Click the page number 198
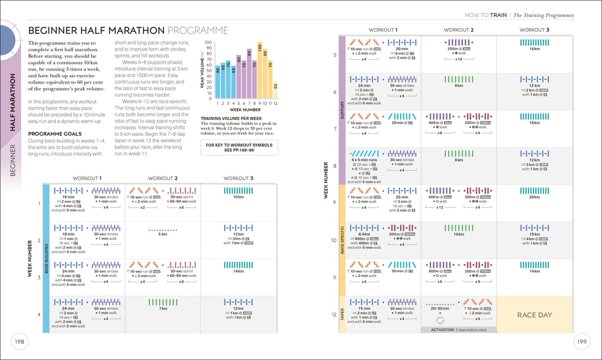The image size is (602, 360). coord(19,342)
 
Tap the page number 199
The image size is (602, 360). coord(582,342)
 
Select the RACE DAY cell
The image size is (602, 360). coord(534,315)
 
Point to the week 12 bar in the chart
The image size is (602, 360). coord(275,90)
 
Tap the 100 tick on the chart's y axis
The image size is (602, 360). coord(208,43)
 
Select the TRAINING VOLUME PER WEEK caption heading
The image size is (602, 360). coord(231,118)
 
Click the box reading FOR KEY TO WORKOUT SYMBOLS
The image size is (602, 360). coord(239,147)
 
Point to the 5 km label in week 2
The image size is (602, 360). coord(163,234)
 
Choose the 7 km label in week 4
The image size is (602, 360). coord(163,308)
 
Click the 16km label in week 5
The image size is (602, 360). coord(534,49)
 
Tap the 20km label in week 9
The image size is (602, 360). coord(534,197)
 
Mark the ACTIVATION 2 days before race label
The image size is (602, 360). coord(459,330)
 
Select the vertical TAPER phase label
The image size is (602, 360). coord(341,315)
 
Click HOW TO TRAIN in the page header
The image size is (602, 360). coord(486,15)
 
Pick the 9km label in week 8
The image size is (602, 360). coord(459,160)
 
